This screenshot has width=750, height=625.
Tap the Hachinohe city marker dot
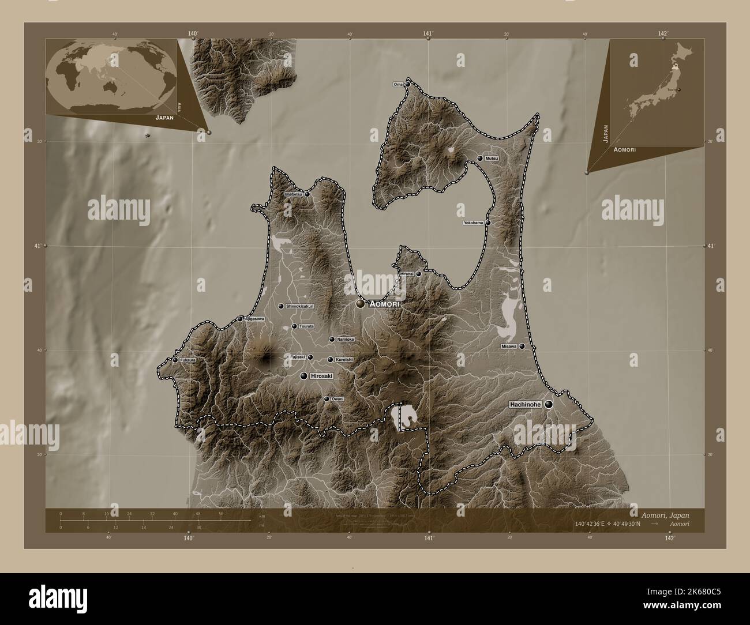[549, 405]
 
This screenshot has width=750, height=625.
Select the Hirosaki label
[322, 376]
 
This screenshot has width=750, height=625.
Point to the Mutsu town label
[492, 158]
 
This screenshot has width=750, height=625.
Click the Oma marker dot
[407, 84]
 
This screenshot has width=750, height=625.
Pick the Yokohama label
[473, 223]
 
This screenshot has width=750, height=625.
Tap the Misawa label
[508, 347]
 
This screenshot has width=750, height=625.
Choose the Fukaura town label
[187, 360]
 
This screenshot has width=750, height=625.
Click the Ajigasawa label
[254, 319]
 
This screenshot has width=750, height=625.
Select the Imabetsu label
[293, 194]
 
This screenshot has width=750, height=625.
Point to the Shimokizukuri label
[300, 307]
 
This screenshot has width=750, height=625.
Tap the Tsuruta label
[306, 326]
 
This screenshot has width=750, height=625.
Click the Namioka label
[345, 340]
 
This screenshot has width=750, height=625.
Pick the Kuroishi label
[344, 360]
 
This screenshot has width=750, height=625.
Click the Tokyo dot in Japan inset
[679, 89]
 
